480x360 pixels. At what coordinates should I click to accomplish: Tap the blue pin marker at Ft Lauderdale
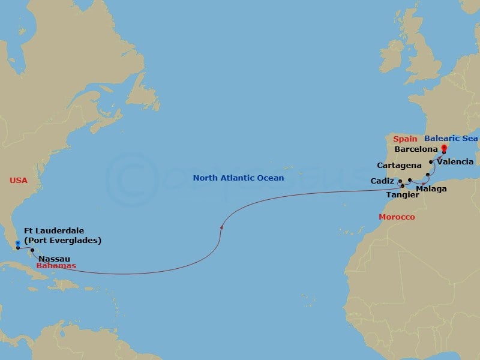(x=18, y=244)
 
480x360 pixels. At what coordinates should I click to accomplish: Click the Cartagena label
(x=397, y=165)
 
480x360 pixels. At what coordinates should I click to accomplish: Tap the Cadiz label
(x=383, y=181)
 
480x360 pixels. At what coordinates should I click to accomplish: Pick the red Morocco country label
(x=396, y=217)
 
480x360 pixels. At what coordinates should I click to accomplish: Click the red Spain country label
(x=406, y=138)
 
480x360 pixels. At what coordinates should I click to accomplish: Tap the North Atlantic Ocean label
(x=238, y=178)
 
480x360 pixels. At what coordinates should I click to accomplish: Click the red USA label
(x=19, y=180)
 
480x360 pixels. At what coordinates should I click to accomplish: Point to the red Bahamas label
(x=56, y=265)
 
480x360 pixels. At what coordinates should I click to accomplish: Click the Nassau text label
(x=52, y=259)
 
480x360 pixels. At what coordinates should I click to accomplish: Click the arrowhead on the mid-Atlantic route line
(x=222, y=227)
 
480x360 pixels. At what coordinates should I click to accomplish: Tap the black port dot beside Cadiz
(x=400, y=180)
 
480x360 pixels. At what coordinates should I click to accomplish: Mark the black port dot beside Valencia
(x=431, y=162)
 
